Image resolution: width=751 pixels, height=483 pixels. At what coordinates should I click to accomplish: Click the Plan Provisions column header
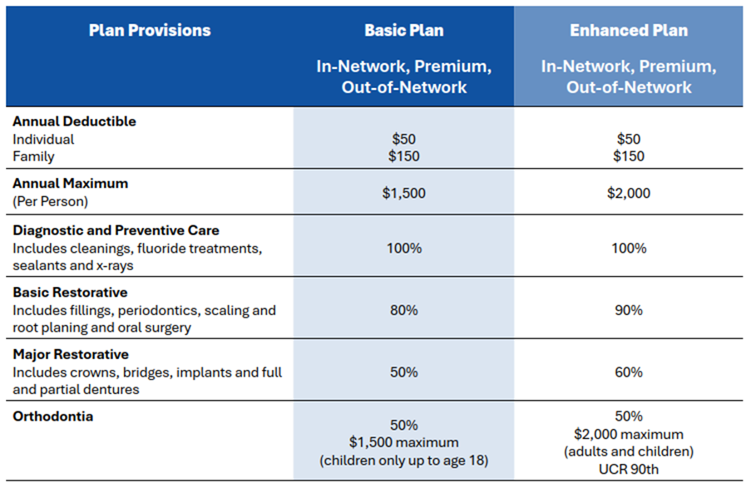[150, 30]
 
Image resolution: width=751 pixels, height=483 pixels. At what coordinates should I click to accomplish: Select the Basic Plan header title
[403, 30]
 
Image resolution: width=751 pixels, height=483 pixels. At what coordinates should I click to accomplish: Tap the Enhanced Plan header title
[629, 30]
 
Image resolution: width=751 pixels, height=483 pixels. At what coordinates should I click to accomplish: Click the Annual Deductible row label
[74, 121]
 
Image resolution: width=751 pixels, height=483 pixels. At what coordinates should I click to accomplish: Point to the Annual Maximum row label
[71, 184]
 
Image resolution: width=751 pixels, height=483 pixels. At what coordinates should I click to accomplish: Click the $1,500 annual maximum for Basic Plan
[403, 193]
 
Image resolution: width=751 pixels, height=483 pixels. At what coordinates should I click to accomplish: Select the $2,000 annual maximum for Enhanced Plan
[629, 193]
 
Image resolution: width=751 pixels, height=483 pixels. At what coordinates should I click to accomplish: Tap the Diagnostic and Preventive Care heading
[116, 230]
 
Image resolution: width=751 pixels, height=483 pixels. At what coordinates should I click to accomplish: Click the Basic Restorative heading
[70, 292]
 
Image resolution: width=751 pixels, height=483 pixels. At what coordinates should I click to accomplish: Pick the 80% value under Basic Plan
[403, 310]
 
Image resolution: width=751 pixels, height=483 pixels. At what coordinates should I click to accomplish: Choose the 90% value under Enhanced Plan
[629, 310]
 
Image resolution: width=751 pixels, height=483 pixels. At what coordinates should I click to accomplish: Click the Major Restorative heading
[71, 354]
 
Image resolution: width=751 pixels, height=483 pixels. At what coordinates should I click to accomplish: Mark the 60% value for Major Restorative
[629, 372]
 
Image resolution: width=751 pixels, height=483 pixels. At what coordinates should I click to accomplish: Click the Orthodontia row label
[52, 416]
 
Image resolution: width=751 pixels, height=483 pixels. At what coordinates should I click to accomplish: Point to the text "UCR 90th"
[629, 469]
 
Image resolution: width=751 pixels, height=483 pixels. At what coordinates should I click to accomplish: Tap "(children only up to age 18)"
[403, 461]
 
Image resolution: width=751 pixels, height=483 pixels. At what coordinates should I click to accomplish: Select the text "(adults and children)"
[629, 451]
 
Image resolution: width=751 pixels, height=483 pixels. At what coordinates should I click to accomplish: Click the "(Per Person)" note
[50, 201]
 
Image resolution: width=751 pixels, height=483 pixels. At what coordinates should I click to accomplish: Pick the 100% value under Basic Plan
[403, 248]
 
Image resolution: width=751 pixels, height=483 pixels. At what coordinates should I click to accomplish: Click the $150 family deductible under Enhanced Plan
[629, 156]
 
